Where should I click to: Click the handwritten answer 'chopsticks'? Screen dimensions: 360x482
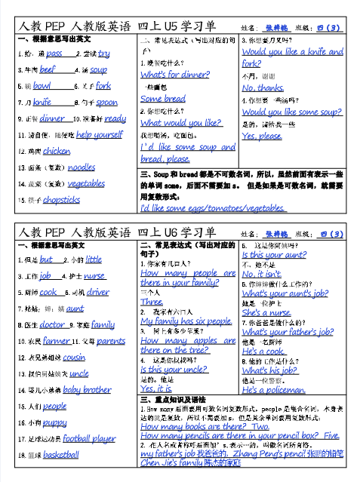click(61, 200)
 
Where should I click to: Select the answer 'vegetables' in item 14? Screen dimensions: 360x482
click(86, 183)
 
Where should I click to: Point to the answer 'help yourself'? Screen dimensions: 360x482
click(99, 134)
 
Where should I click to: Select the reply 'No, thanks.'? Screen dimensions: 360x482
click(263, 87)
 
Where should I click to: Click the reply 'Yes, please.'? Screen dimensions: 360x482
click(262, 136)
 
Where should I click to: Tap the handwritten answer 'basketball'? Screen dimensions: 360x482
click(60, 455)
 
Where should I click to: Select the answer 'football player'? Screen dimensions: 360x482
click(89, 438)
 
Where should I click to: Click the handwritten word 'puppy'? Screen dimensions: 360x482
click(55, 422)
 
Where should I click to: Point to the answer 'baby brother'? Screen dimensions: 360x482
click(86, 390)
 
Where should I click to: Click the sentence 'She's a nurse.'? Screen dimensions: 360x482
click(266, 312)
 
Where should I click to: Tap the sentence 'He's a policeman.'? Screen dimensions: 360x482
click(273, 391)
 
